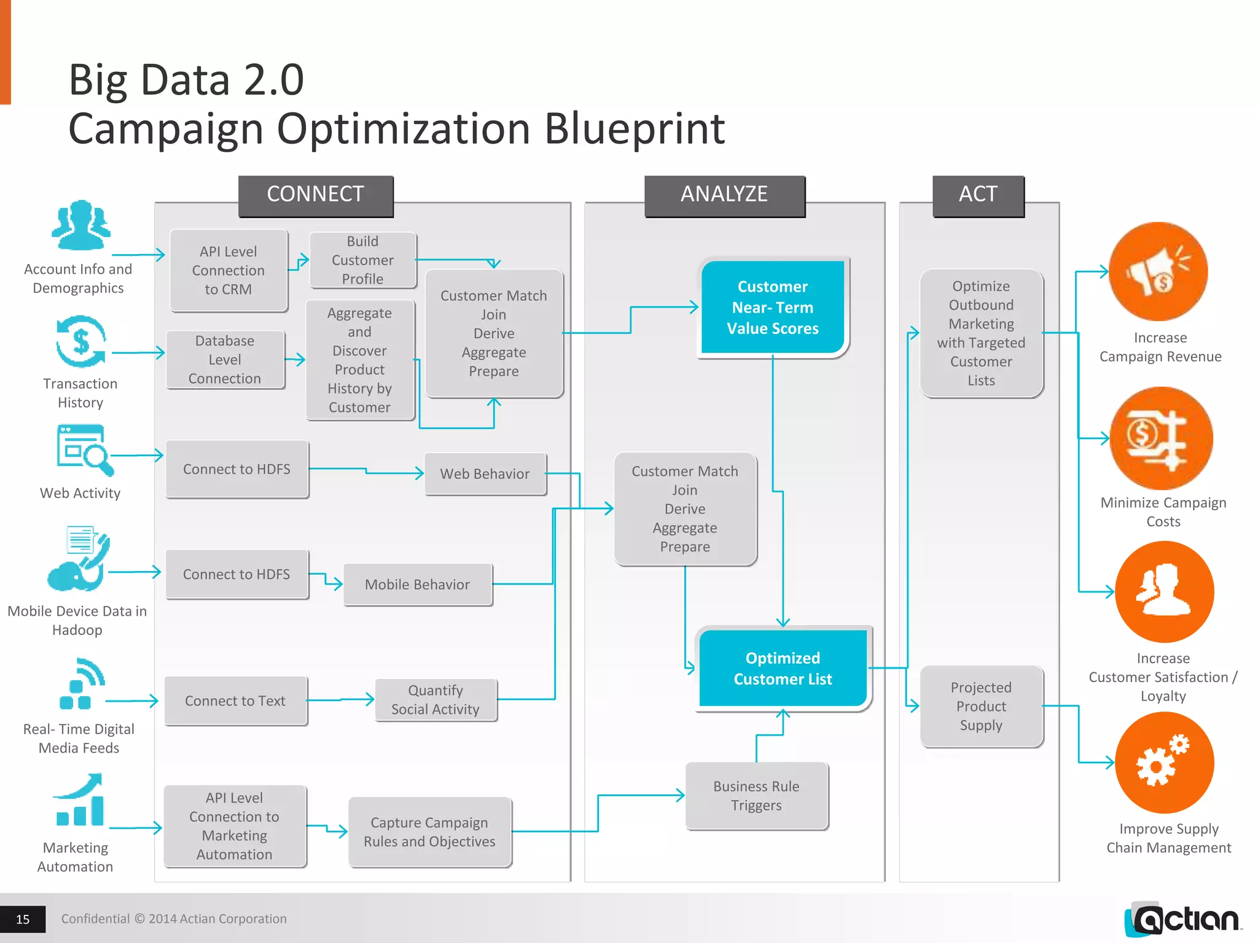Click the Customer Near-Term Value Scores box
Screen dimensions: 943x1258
click(x=773, y=307)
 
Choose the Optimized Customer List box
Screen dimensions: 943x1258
click(x=783, y=668)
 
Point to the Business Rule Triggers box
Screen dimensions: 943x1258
click(x=756, y=796)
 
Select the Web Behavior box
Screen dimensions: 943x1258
click(x=485, y=473)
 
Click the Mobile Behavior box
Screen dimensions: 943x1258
click(x=417, y=584)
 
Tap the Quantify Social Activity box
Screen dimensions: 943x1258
click(x=436, y=700)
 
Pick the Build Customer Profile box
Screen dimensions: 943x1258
click(x=362, y=260)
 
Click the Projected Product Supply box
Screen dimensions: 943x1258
click(x=981, y=706)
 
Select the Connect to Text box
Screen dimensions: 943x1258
click(x=235, y=700)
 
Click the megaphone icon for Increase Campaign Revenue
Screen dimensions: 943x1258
click(x=1158, y=271)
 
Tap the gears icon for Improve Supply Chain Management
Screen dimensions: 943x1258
click(x=1163, y=762)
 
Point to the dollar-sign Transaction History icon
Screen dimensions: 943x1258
click(x=81, y=341)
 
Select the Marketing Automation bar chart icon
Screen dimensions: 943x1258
click(x=80, y=801)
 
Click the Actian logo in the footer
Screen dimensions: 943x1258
click(x=1184, y=919)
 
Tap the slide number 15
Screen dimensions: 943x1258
click(x=23, y=919)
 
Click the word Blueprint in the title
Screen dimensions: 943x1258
click(x=634, y=129)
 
